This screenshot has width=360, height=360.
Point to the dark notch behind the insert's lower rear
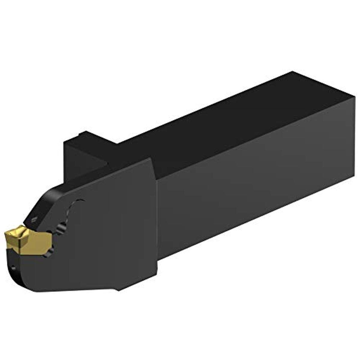52,249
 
